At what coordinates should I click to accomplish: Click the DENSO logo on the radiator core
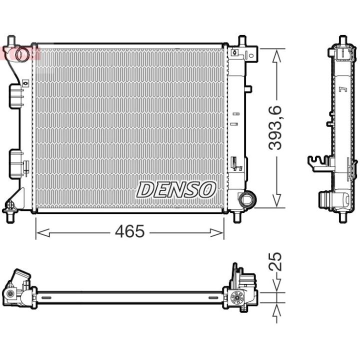[176, 189]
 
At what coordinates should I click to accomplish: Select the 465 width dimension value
[129, 231]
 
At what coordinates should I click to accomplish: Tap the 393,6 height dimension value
[275, 128]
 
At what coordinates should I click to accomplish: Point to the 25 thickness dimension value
[275, 261]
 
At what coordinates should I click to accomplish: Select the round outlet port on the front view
[246, 199]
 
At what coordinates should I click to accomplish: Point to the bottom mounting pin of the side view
[342, 216]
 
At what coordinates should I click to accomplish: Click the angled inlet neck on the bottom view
[20, 277]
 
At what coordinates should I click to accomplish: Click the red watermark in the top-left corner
[20, 53]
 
